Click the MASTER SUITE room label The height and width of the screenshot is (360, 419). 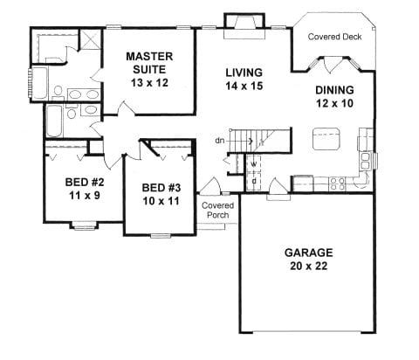(149, 63)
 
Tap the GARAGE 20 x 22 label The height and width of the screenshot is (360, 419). (309, 259)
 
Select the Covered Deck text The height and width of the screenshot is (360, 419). (334, 37)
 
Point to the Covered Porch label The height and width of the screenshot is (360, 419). (217, 210)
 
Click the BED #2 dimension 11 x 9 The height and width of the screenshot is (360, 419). (85, 196)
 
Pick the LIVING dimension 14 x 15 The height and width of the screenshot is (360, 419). (244, 86)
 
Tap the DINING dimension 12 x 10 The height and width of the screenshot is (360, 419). (334, 103)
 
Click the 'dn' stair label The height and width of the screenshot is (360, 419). (220, 141)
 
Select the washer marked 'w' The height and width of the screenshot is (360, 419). (254, 164)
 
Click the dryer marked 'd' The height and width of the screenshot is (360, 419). (254, 182)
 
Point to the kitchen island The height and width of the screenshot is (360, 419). (326, 139)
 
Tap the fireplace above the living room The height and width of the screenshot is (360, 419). (244, 26)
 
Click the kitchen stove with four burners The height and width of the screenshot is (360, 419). (337, 184)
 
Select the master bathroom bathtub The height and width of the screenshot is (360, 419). (38, 83)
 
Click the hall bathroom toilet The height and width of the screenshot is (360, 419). (72, 112)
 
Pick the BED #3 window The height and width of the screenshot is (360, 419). (161, 236)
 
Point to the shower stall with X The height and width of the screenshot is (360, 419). (90, 40)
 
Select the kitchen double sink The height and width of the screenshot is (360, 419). (365, 161)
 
